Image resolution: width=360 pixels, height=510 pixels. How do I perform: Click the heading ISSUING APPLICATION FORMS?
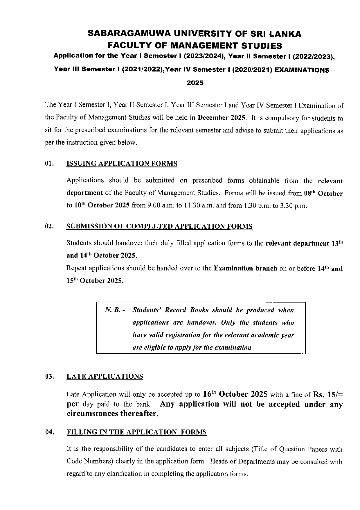[122, 164]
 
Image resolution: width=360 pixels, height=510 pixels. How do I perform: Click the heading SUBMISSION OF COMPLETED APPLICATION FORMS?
[159, 226]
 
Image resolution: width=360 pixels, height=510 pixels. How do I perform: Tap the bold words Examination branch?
[245, 268]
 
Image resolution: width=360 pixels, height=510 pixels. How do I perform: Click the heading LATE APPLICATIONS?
[105, 377]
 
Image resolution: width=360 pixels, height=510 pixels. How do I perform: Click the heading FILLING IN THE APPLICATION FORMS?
[136, 432]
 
